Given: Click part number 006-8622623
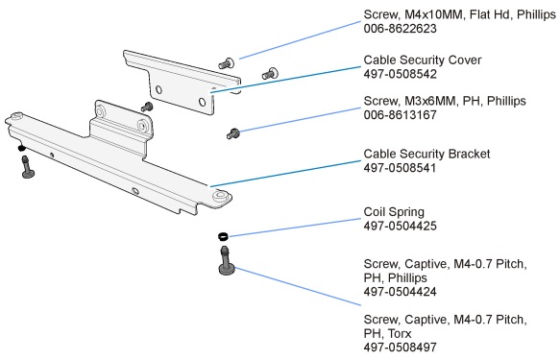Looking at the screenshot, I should click(x=400, y=30).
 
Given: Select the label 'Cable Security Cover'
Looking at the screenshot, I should click(x=422, y=60).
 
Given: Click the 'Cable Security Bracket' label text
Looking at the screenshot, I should click(x=426, y=154).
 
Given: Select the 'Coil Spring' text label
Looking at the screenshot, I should click(x=395, y=212).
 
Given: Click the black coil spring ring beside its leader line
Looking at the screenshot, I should click(x=222, y=236).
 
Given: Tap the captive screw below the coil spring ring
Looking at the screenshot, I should click(x=227, y=262).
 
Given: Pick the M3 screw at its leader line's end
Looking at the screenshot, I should click(x=232, y=132).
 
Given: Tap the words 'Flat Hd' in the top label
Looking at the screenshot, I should click(x=488, y=14).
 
